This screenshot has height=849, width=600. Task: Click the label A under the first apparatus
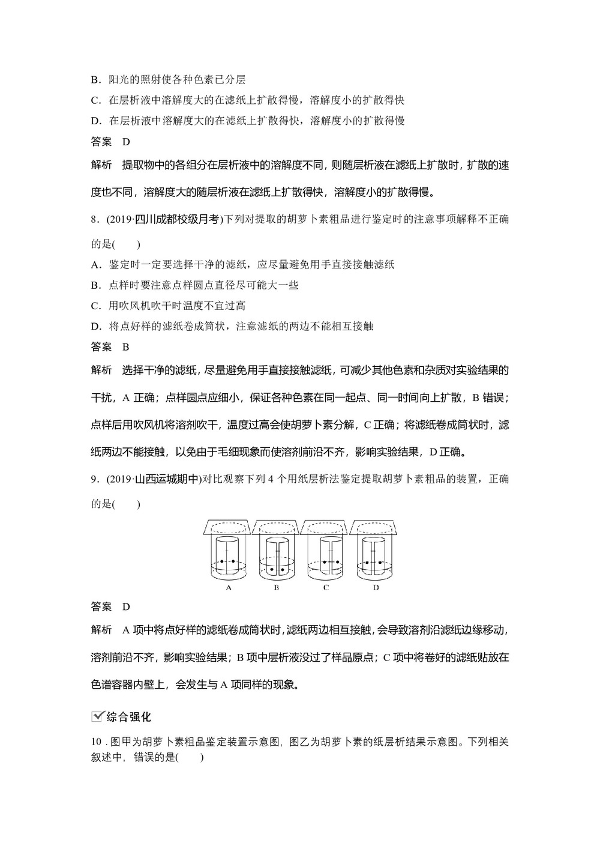point(229,588)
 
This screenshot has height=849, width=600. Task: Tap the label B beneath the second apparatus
point(277,588)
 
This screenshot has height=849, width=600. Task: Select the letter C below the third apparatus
point(326,588)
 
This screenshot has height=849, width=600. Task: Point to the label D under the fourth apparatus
point(376,588)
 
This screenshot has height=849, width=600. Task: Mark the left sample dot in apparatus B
point(272,569)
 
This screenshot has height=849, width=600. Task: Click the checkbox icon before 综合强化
point(97,716)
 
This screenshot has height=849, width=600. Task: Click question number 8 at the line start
point(94,220)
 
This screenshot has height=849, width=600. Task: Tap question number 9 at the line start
point(94,479)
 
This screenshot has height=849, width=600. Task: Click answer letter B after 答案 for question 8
point(125,346)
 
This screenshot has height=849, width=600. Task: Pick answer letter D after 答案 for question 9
point(125,606)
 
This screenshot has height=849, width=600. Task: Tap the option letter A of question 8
point(95,265)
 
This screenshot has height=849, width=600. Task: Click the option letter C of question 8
point(95,306)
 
